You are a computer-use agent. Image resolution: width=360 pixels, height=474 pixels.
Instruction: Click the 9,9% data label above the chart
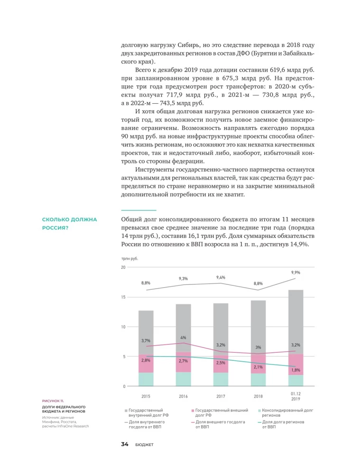pyautogui.click(x=295, y=273)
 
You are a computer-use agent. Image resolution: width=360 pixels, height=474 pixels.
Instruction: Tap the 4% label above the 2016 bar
pyautogui.click(x=183, y=337)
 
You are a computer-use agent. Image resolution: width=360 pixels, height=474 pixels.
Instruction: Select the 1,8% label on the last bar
pyautogui.click(x=295, y=370)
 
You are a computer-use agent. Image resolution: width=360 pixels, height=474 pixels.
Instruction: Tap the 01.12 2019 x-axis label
pyautogui.click(x=295, y=396)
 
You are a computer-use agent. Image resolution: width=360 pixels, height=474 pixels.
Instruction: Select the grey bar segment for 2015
pyautogui.click(x=146, y=332)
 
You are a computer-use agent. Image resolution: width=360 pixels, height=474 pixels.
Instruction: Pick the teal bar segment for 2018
pyautogui.click(x=258, y=380)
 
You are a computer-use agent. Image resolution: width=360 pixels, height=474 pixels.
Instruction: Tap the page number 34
pyautogui.click(x=125, y=444)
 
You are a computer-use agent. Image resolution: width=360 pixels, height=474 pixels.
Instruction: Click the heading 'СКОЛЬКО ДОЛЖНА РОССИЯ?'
pyautogui.click(x=69, y=224)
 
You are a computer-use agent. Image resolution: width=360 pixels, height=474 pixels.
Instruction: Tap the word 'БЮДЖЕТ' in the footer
pyautogui.click(x=144, y=445)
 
